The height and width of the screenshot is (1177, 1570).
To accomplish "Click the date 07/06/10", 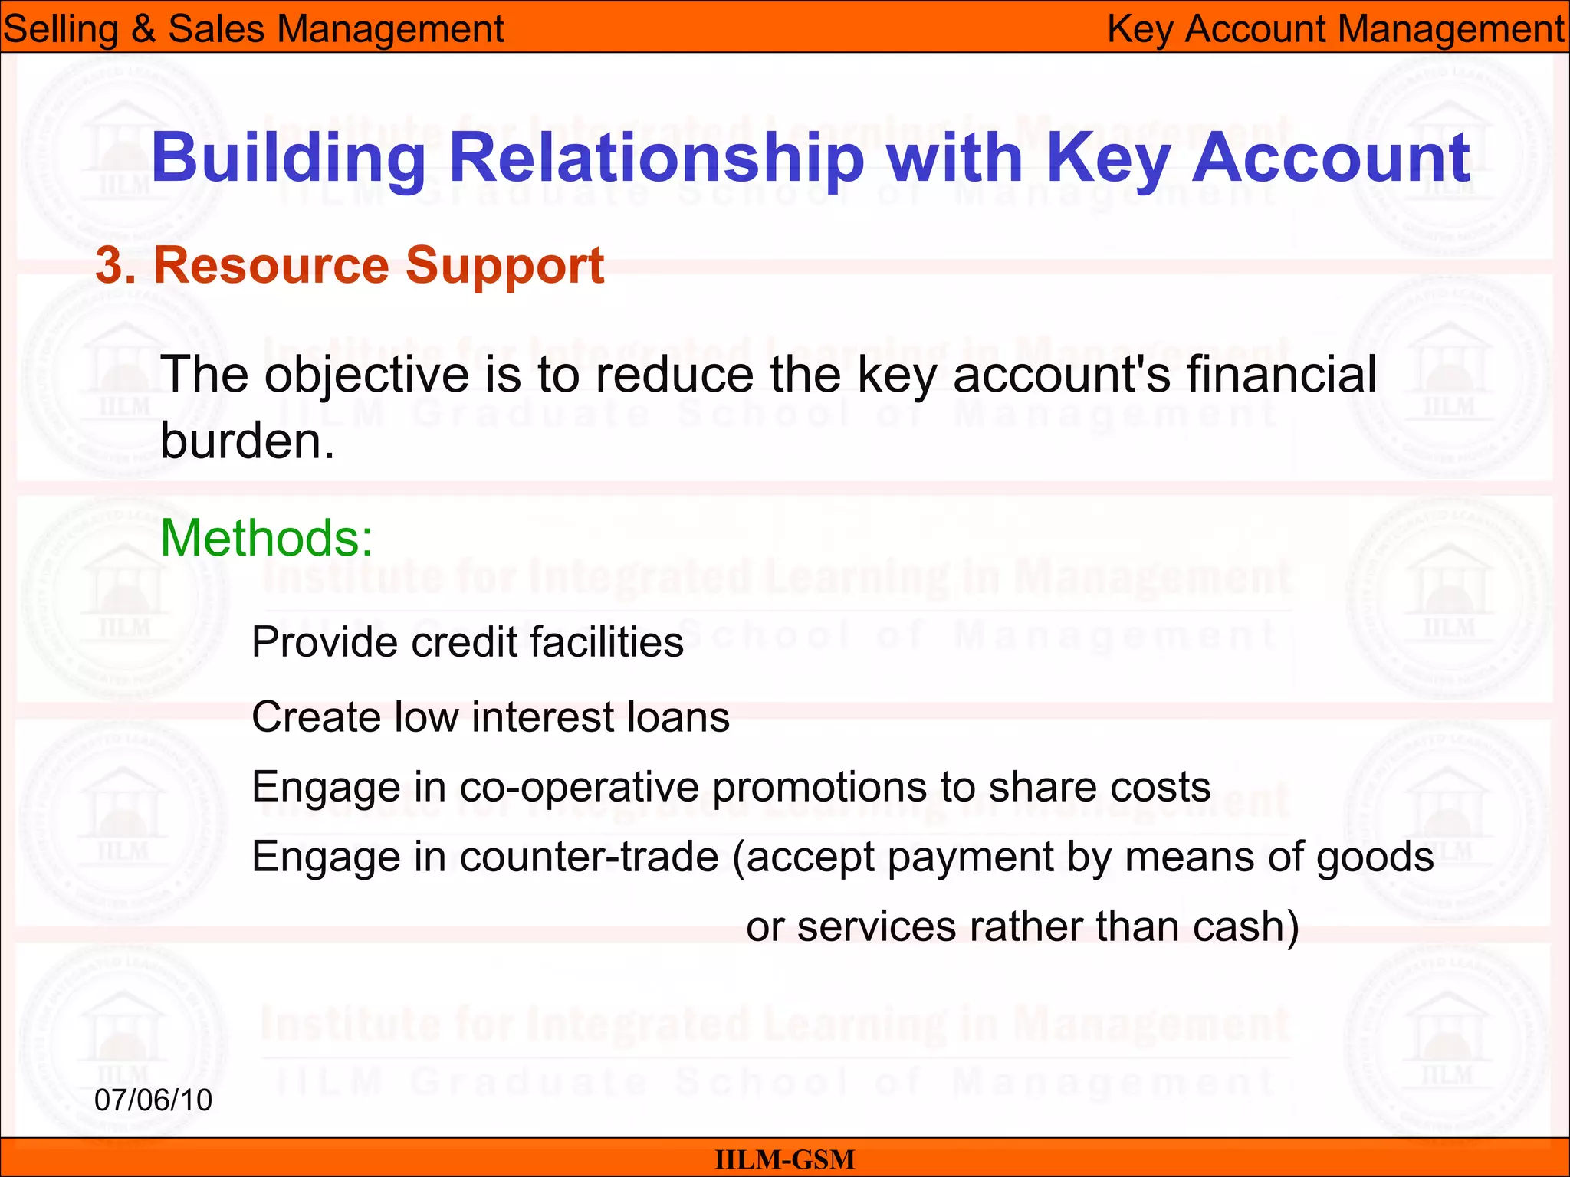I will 153,1100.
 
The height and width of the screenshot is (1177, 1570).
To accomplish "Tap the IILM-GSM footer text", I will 784,1159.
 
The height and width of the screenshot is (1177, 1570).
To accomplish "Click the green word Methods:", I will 266,538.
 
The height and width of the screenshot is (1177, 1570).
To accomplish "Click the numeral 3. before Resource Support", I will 116,266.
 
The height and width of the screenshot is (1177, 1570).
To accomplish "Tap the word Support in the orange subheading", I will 505,266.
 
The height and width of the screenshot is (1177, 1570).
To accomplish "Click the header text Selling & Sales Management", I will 253,29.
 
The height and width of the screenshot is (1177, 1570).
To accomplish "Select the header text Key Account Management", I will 1335,29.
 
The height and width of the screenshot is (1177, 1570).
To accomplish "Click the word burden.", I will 247,442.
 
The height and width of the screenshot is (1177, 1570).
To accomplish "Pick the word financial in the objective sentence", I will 1281,375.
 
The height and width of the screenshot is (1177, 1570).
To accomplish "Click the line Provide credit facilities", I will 467,642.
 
